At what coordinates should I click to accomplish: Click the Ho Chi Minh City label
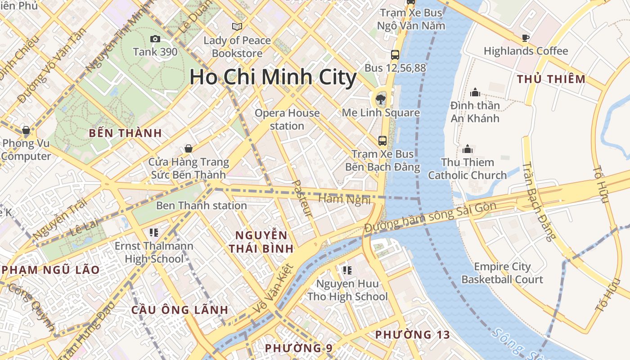(x=273, y=77)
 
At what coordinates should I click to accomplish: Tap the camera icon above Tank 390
(x=155, y=39)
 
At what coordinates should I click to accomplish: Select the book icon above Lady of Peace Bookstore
(x=237, y=27)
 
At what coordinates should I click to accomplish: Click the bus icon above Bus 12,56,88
(x=395, y=55)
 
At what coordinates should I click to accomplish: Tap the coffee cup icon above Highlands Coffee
(x=525, y=38)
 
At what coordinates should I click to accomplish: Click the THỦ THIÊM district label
(x=551, y=79)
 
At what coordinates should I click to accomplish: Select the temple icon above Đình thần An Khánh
(x=475, y=93)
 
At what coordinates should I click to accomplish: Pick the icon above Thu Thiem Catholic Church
(x=468, y=149)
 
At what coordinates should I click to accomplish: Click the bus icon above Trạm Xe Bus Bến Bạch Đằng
(x=382, y=141)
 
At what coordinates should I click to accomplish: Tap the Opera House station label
(x=287, y=119)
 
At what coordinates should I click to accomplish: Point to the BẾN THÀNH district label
(x=125, y=133)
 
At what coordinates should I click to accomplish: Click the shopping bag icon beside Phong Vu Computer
(x=26, y=130)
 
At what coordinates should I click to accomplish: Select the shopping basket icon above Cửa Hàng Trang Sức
(x=189, y=148)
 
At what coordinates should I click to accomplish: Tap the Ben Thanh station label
(x=201, y=206)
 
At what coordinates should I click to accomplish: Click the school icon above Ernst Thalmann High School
(x=153, y=233)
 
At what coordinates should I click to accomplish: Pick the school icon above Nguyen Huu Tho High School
(x=347, y=270)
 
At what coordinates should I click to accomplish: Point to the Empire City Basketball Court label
(x=502, y=273)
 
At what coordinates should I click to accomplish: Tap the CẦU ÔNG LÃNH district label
(x=180, y=310)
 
